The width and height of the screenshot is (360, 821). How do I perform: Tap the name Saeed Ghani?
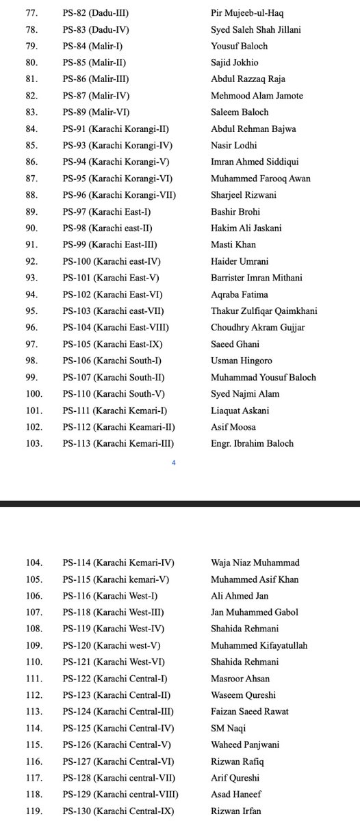[x=235, y=343]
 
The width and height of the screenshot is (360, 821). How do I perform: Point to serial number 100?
[x=34, y=393]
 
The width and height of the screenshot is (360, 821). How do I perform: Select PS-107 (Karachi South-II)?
[x=117, y=377]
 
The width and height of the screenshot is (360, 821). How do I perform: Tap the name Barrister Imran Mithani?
[x=257, y=278]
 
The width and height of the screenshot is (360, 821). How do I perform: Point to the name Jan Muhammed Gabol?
[x=255, y=612]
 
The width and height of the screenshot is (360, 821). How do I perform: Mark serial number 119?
[x=34, y=811]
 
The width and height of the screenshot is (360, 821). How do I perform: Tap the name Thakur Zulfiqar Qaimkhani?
[x=264, y=311]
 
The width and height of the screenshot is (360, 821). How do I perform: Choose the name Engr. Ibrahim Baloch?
[x=253, y=443]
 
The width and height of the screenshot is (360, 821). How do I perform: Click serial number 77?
[x=31, y=13]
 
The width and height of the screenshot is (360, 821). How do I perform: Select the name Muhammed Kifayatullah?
[x=259, y=646]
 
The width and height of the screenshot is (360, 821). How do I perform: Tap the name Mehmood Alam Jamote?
[x=257, y=96]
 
